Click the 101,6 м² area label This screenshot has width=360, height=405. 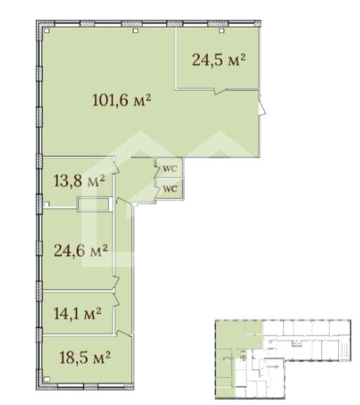pos(122,100)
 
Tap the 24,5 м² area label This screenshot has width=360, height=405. pos(219,60)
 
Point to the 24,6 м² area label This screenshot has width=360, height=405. pos(81,250)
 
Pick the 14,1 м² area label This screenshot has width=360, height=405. pos(78,314)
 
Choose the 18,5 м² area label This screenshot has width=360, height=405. pos(85,357)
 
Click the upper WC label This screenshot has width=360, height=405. pos(170,169)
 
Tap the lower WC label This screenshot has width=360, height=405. pos(170,189)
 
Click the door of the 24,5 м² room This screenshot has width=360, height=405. pos(220,91)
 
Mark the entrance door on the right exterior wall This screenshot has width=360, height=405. pos(262,104)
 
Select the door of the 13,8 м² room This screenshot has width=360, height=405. pos(116,166)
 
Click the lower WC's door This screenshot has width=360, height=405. pos(157,192)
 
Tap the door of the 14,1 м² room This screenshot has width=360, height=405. pos(116,299)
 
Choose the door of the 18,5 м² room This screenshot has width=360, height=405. pos(124,333)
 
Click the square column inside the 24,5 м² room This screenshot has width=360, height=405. pos(221,31)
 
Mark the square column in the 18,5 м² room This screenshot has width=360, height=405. pos(46,379)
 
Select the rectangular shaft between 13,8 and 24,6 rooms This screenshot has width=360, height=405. pos(95,205)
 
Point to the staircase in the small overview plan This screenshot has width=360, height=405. pos(344,350)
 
